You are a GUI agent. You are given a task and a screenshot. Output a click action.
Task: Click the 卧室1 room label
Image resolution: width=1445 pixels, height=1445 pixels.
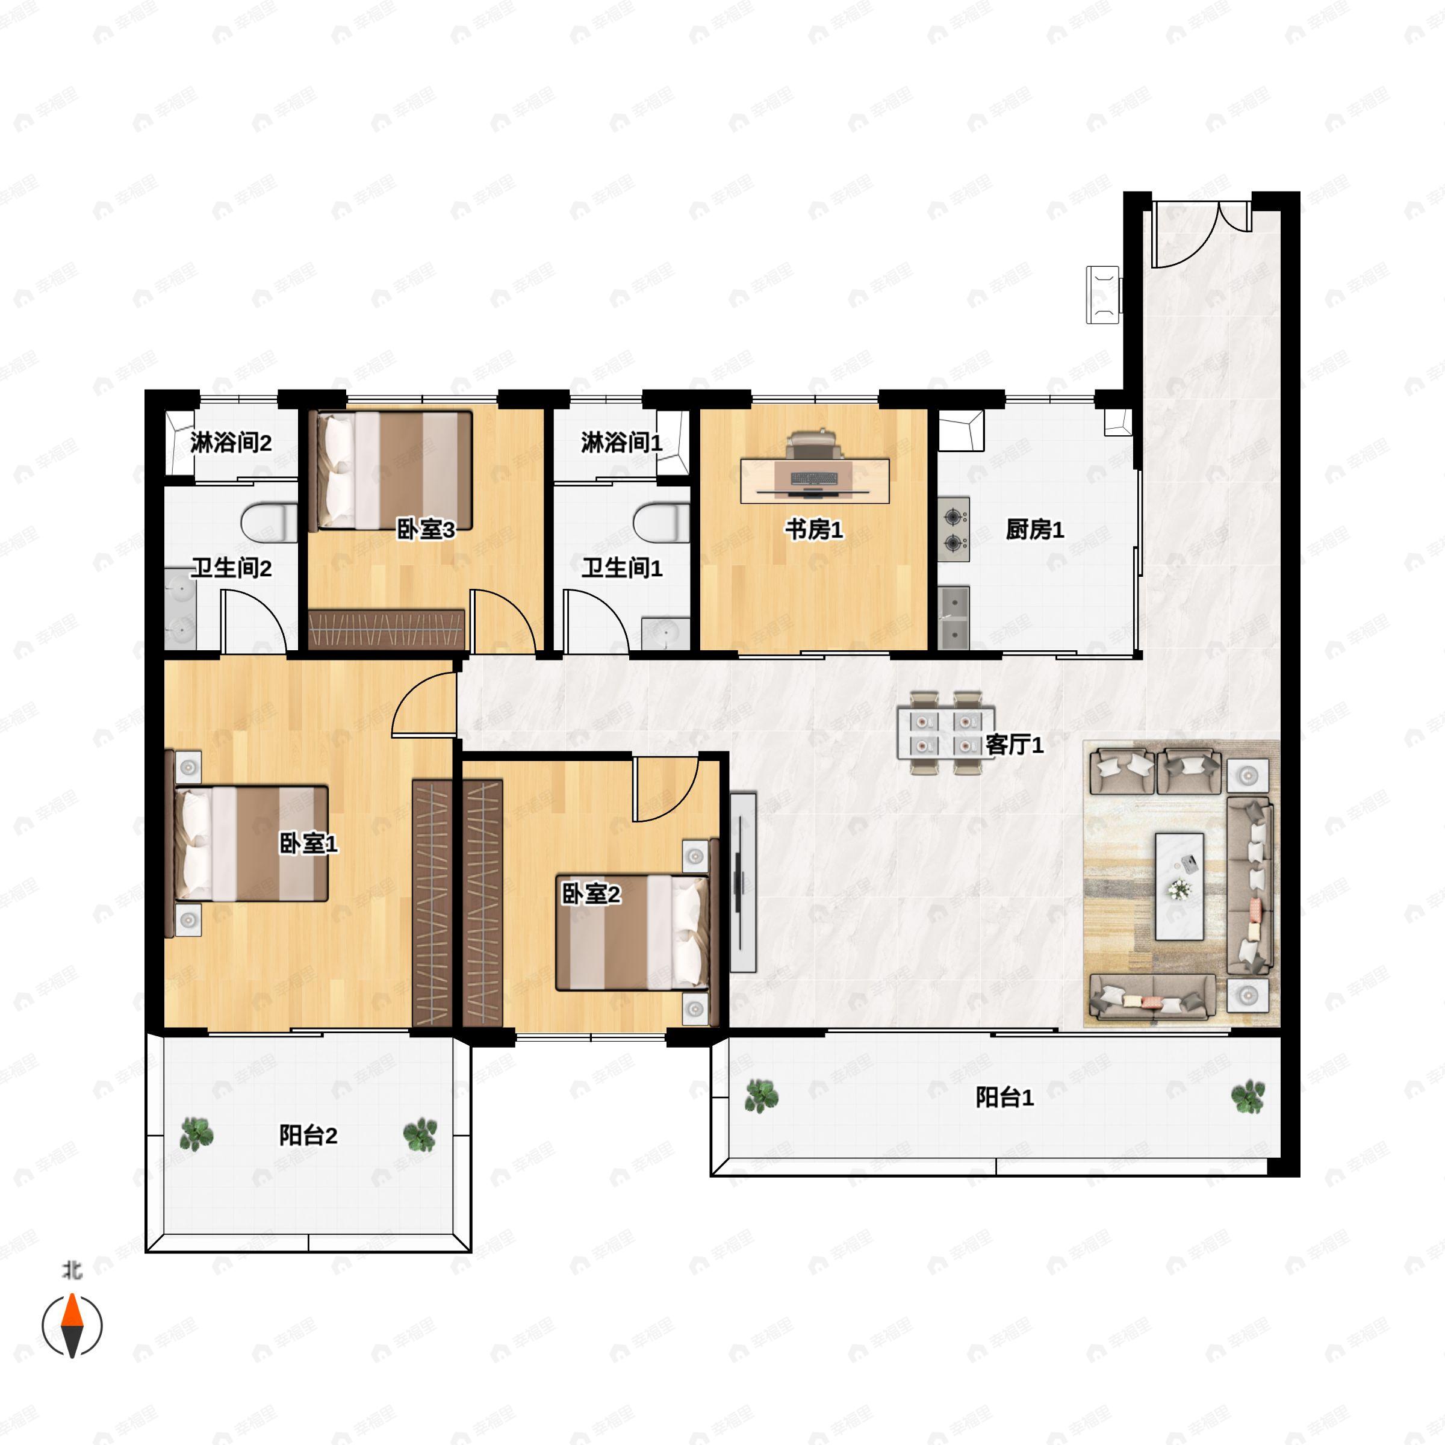308,844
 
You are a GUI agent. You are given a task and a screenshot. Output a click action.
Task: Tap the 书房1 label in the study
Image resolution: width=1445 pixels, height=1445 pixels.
814,530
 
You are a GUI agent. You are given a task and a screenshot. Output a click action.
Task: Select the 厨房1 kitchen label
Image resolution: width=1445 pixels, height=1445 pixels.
1034,530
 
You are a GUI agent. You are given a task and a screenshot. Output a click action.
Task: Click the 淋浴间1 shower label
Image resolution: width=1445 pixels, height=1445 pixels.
621,443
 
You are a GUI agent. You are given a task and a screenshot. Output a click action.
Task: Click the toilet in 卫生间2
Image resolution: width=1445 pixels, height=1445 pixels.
269,523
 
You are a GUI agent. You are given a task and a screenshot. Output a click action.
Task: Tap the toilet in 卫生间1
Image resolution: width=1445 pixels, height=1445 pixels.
661,523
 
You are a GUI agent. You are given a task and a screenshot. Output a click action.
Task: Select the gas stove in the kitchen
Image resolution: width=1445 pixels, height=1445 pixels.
954,530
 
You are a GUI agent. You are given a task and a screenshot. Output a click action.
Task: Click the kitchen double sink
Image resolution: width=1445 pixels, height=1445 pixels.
954,618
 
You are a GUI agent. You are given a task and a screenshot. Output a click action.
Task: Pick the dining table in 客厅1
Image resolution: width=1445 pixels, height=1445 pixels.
946,733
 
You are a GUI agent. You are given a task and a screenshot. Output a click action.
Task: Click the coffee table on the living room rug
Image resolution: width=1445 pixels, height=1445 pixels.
1179,886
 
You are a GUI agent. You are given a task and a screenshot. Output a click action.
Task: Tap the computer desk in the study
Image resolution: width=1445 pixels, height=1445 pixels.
815,481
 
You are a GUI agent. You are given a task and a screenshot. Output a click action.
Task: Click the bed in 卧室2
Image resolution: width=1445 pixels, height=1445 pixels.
633,932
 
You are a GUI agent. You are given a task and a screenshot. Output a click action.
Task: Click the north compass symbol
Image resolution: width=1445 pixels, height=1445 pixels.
72,1325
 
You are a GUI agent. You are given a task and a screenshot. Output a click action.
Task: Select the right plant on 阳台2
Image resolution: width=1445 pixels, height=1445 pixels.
420,1134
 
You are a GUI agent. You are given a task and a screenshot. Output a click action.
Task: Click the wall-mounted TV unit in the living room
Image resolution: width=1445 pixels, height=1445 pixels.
743,883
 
